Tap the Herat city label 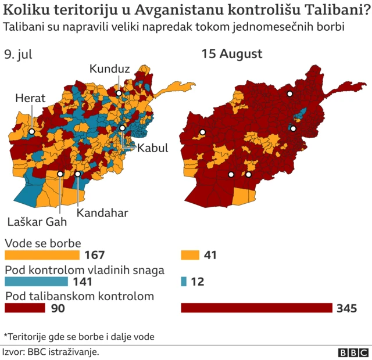pyautogui.click(x=30, y=99)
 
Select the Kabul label pyautogui.click(x=152, y=147)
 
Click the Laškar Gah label pyautogui.click(x=37, y=221)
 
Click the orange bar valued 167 pyautogui.click(x=42, y=255)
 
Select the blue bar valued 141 pyautogui.click(x=37, y=282)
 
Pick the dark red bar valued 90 pyautogui.click(x=25, y=308)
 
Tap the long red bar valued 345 pyautogui.click(x=256, y=308)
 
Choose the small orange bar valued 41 pyautogui.click(x=190, y=255)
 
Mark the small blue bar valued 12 pyautogui.click(x=184, y=282)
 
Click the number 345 pyautogui.click(x=346, y=308)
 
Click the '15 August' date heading pyautogui.click(x=232, y=55)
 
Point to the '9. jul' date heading pyautogui.click(x=18, y=55)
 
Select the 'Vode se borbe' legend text pyautogui.click(x=42, y=243)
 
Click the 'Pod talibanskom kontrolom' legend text pyautogui.click(x=79, y=296)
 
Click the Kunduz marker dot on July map pyautogui.click(x=118, y=93)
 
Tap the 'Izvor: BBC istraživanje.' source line pyautogui.click(x=51, y=352)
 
